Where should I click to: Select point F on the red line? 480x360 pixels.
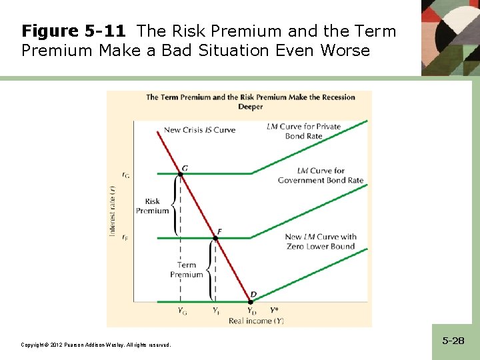tap(215, 238)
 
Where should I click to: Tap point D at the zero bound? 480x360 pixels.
tap(251, 302)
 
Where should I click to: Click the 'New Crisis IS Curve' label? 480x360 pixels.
tap(199, 130)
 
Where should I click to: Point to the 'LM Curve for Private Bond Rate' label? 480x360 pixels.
tap(303, 131)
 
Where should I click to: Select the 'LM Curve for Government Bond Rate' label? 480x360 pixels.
tap(320, 175)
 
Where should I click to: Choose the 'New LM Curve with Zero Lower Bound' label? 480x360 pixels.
tap(320, 241)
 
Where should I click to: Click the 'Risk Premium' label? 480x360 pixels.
tap(152, 206)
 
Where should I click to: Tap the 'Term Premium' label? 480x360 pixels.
tap(187, 269)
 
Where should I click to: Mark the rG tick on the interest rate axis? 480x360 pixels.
tap(126, 175)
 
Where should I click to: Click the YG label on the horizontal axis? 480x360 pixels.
tap(182, 311)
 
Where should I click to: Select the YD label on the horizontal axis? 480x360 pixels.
tap(251, 311)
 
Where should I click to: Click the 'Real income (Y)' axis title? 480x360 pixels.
tap(256, 321)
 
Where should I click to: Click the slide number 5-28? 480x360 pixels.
tap(453, 341)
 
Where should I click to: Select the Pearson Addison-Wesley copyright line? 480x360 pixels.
tap(96, 345)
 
